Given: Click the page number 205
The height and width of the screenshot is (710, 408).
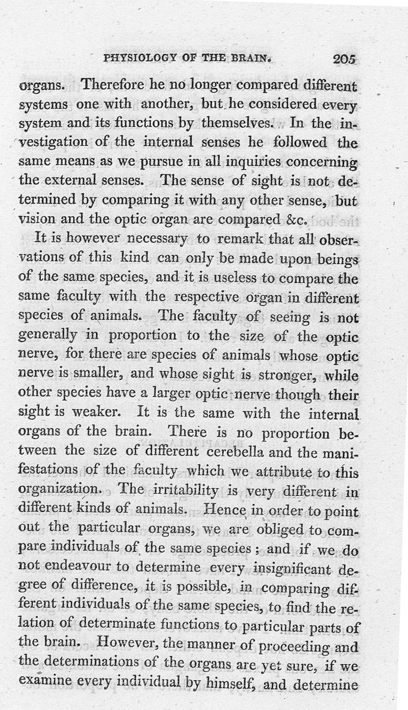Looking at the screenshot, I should pyautogui.click(x=344, y=59).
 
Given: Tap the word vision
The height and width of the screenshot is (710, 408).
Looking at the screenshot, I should pyautogui.click(x=35, y=219).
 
